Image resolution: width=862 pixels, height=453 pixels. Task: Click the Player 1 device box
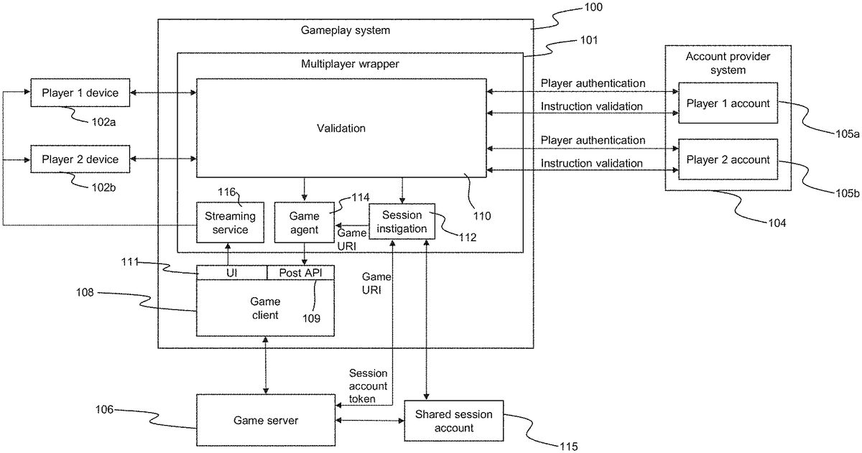pyautogui.click(x=80, y=93)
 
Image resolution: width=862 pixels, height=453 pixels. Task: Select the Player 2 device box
pyautogui.click(x=80, y=159)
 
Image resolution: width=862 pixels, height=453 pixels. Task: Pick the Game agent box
pyautogui.click(x=304, y=223)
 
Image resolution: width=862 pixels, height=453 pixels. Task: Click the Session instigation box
pyautogui.click(x=402, y=223)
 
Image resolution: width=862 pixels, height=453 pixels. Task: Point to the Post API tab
pyautogui.click(x=300, y=273)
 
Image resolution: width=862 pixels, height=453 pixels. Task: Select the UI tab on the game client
pyautogui.click(x=232, y=273)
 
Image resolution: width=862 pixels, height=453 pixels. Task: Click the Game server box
pyautogui.click(x=266, y=420)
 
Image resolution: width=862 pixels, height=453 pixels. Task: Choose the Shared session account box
pyautogui.click(x=453, y=421)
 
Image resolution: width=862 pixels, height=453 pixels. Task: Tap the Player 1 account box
pyautogui.click(x=728, y=103)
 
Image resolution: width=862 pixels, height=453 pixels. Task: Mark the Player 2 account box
pyautogui.click(x=728, y=160)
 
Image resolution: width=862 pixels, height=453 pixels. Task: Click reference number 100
pyautogui.click(x=593, y=8)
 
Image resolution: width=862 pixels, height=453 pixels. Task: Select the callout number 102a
pyautogui.click(x=103, y=122)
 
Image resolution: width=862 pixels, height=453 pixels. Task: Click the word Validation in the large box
pyautogui.click(x=341, y=129)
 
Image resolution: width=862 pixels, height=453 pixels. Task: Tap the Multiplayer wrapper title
pyautogui.click(x=350, y=64)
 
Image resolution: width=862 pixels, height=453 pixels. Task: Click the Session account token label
pyautogui.click(x=368, y=386)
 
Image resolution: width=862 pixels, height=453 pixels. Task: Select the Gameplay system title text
pyautogui.click(x=346, y=30)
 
